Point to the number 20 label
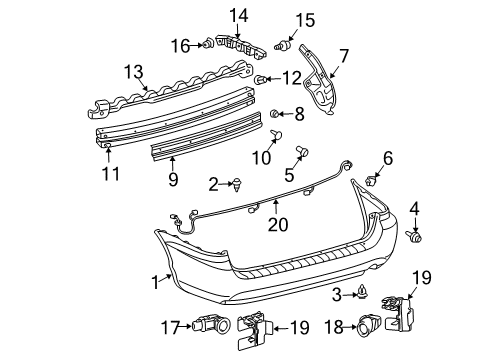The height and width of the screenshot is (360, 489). pos(276,225)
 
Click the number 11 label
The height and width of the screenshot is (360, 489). pos(110,174)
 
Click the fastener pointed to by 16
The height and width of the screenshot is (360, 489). pos(206,43)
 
